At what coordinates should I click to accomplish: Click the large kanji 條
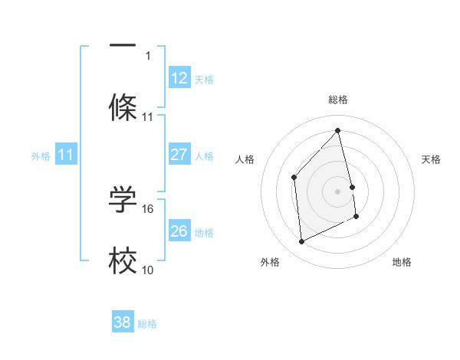tap(123, 107)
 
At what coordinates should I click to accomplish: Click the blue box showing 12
tap(179, 78)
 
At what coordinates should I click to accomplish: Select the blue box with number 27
tap(179, 155)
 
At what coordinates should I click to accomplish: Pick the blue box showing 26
tap(179, 231)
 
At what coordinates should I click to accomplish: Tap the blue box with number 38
tap(123, 322)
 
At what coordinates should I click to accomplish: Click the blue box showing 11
tap(66, 155)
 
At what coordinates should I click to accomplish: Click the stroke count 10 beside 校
tap(148, 270)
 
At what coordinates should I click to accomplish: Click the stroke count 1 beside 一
tap(148, 55)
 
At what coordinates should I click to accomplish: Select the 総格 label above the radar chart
tap(337, 100)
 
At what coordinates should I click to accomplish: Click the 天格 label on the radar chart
tap(432, 159)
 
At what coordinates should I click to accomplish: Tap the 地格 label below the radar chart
tap(402, 263)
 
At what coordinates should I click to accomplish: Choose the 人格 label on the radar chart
tap(245, 159)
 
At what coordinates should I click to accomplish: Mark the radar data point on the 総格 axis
tap(337, 130)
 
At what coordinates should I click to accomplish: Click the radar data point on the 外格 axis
tap(301, 242)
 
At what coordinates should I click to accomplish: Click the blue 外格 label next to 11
tap(41, 155)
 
